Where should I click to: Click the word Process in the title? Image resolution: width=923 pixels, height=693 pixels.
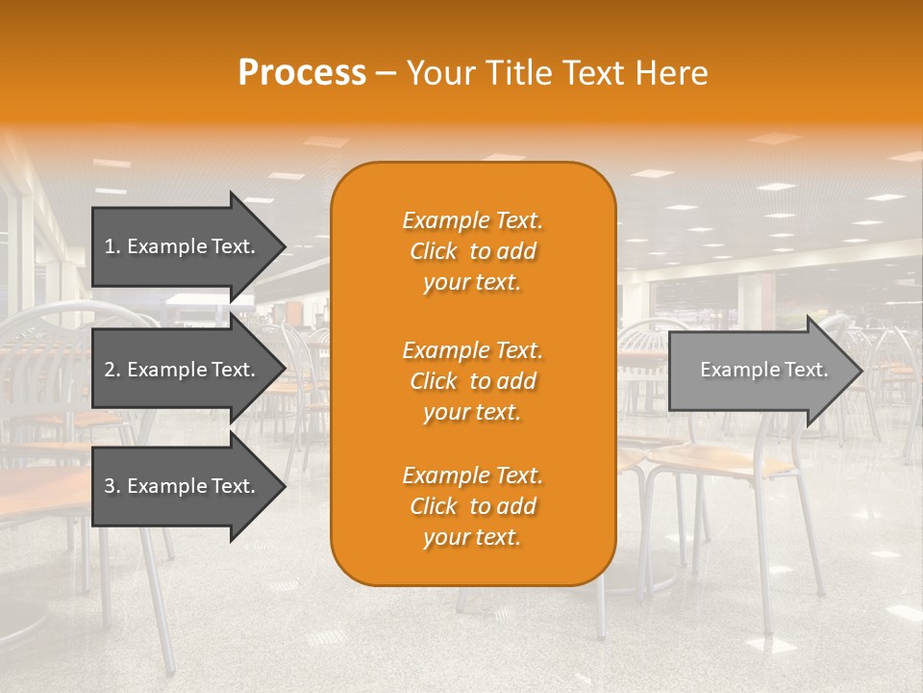302,73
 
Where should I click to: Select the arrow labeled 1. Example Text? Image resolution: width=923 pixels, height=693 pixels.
183,246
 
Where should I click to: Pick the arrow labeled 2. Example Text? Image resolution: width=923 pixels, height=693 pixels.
183,370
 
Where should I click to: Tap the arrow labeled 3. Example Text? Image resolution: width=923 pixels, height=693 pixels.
183,486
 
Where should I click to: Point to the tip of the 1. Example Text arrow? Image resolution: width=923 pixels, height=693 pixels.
284,246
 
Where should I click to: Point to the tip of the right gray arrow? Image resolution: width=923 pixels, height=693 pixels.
861,371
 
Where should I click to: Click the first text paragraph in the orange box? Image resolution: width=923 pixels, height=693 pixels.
472,251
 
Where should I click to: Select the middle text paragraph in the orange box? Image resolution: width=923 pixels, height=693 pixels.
472,381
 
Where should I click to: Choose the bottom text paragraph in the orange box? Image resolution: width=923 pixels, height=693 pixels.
472,506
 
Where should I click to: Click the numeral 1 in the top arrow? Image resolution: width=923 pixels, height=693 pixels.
110,246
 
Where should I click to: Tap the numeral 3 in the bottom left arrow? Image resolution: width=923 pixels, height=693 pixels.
110,486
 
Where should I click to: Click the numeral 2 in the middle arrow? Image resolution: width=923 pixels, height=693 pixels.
110,370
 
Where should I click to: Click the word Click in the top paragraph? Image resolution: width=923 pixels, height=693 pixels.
434,252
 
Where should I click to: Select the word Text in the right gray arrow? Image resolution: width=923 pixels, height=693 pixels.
805,370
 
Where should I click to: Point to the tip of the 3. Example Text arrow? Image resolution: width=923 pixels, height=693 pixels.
284,486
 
